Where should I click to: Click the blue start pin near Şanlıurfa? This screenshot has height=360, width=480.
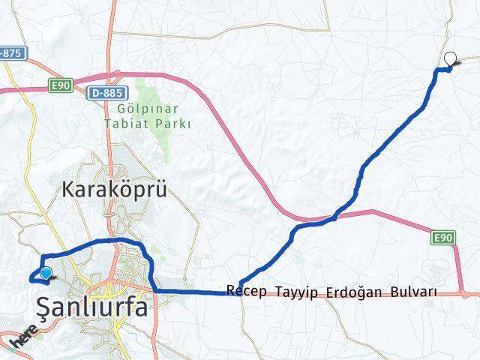coord(46,274)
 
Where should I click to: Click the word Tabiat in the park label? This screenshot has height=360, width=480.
coord(136,124)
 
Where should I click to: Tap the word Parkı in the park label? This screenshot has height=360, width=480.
coord(175,124)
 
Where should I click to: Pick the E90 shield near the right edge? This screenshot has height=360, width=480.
coord(444,238)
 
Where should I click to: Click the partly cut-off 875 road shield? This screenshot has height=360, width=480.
coord(12,53)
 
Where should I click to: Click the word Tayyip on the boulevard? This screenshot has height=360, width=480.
coord(297,291)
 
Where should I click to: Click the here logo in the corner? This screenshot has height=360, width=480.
coord(22,334)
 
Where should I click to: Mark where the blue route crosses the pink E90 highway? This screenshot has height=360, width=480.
coord(335,216)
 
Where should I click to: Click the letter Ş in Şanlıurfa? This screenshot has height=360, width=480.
coord(46,307)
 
